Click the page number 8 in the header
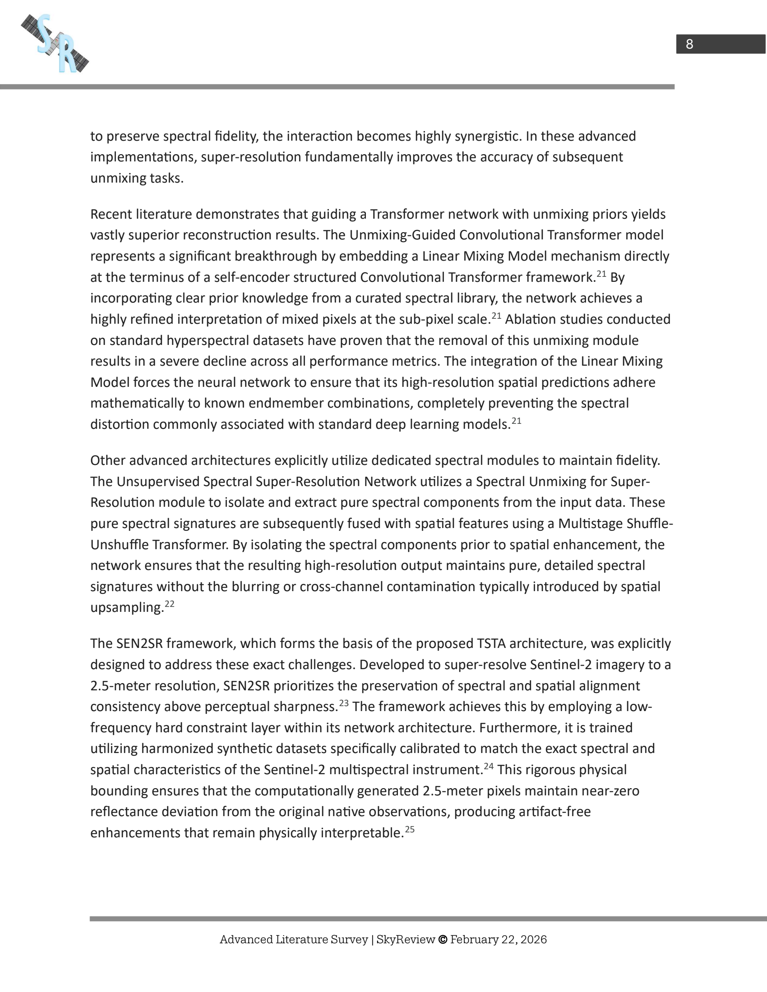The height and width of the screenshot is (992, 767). [689, 44]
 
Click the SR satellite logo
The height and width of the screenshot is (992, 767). [55, 44]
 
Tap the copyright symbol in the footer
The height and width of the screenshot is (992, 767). [442, 939]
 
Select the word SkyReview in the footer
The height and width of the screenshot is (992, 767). [405, 939]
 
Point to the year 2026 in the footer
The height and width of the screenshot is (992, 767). [533, 939]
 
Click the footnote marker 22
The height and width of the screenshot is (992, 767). [170, 604]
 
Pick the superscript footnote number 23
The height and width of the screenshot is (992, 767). [343, 703]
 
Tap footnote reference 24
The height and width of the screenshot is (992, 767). [489, 766]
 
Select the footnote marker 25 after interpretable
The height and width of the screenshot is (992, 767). [410, 829]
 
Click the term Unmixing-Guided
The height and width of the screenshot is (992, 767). [402, 235]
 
